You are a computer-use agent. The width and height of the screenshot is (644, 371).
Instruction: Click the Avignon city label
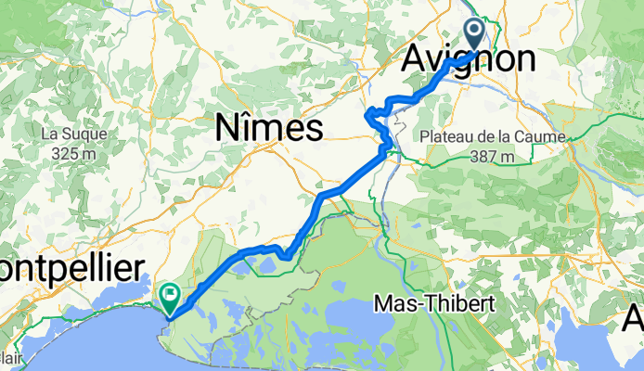[x=469, y=60]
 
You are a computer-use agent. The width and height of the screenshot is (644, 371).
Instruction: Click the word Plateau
[x=446, y=137]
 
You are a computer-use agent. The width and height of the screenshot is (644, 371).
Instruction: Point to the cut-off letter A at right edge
[x=636, y=319]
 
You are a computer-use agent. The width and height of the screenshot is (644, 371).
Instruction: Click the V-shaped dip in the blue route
[x=288, y=253]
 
